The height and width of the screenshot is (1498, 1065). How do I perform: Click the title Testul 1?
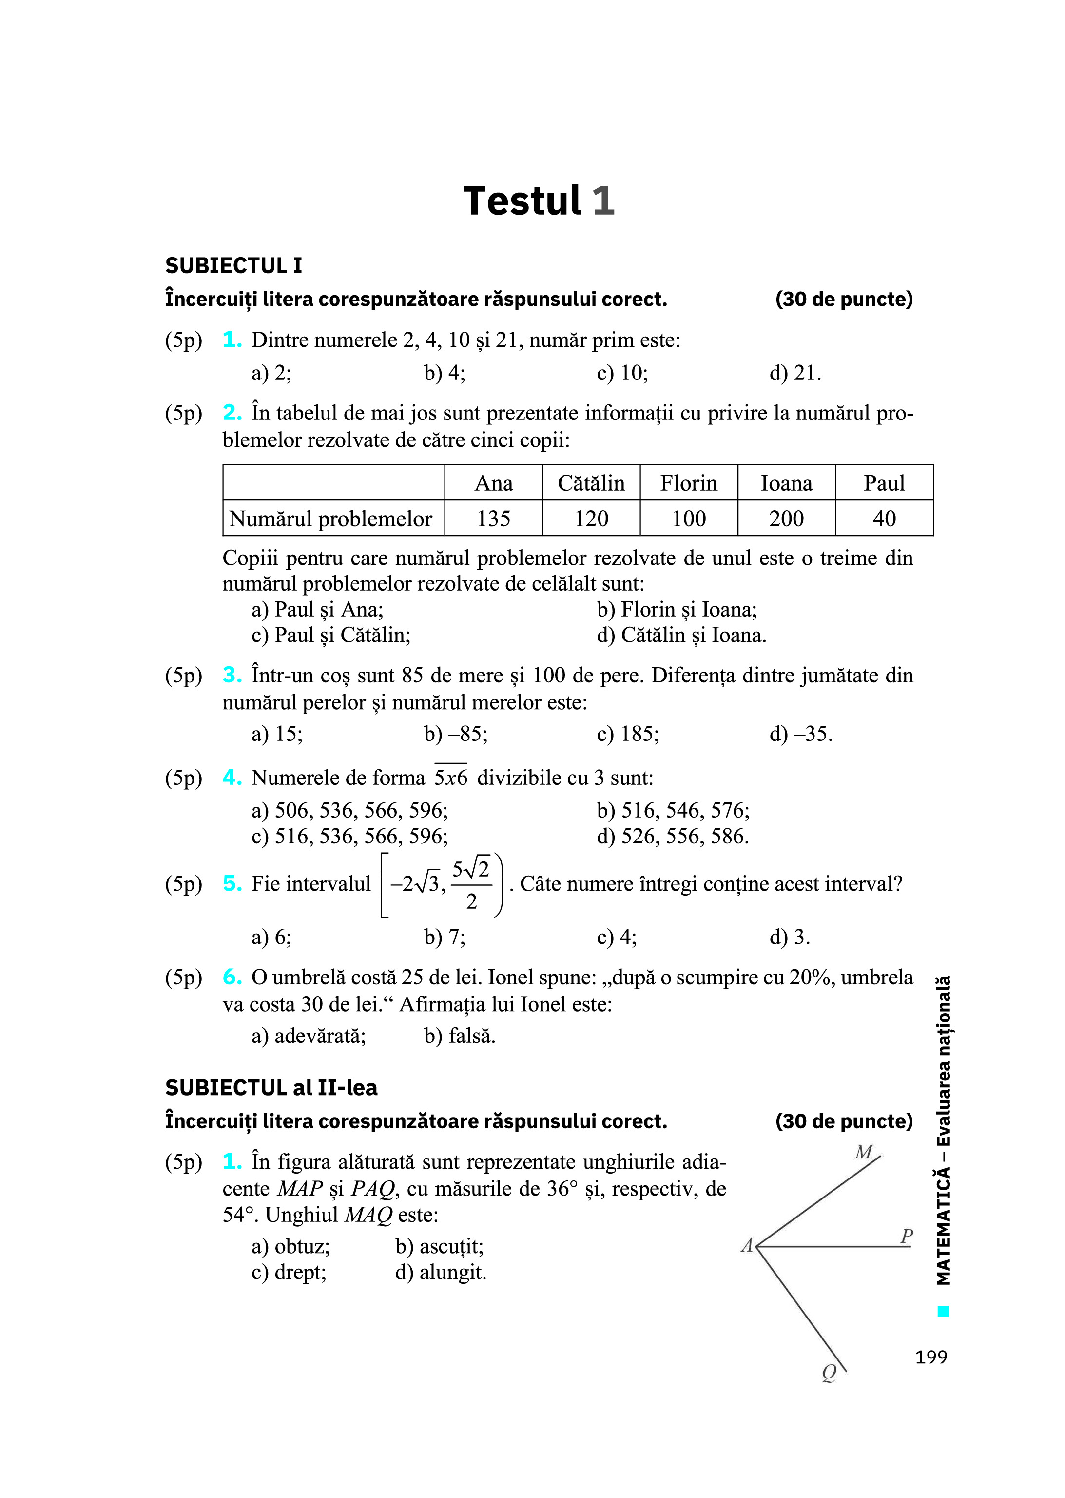539,201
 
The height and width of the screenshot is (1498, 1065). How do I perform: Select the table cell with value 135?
493,519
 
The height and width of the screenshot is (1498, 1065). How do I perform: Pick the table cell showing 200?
786,519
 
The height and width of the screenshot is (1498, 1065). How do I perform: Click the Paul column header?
884,483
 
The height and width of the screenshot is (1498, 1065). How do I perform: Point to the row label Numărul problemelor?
330,519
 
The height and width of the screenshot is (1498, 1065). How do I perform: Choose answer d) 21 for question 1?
795,373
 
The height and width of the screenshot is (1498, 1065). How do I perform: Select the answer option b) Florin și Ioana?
676,610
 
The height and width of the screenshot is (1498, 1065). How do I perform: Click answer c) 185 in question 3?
628,734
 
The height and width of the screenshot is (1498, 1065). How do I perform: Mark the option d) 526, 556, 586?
672,836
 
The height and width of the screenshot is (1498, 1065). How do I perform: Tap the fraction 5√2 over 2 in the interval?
471,884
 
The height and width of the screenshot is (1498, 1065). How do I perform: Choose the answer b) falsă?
460,1036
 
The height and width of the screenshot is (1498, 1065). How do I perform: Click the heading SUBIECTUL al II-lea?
271,1088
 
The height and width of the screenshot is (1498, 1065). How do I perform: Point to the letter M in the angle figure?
864,1152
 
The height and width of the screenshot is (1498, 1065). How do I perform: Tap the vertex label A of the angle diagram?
747,1245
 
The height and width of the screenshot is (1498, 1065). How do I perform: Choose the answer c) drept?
289,1272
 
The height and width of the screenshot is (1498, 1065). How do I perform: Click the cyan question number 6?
232,977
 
